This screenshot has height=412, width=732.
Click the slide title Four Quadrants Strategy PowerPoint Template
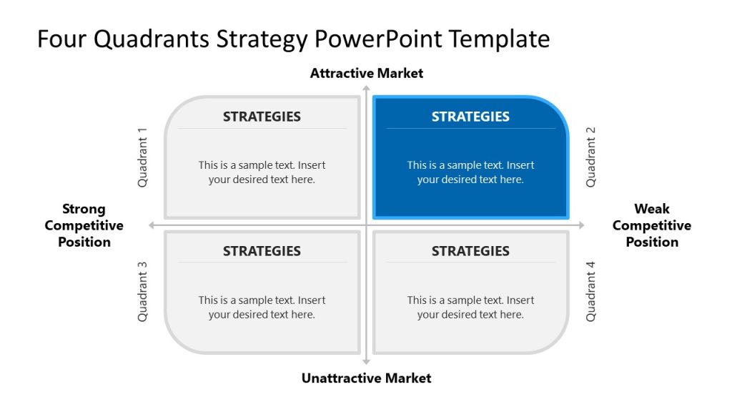(293, 39)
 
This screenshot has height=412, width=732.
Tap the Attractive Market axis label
(366, 73)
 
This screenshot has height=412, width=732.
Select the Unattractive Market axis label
(366, 378)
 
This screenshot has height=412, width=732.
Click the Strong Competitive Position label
(84, 225)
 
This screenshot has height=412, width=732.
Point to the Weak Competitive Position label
(651, 225)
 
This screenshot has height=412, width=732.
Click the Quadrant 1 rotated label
(142, 157)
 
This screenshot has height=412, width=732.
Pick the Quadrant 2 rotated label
(590, 157)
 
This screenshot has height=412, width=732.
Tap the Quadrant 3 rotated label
(142, 292)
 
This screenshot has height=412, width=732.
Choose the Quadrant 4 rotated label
(590, 292)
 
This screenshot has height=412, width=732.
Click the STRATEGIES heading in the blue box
(470, 117)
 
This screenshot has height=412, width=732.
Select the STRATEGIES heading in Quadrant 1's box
(262, 117)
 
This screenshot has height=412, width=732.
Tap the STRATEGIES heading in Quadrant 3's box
(262, 251)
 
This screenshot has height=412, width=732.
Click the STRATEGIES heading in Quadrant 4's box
(470, 251)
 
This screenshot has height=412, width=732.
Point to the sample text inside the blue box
(470, 172)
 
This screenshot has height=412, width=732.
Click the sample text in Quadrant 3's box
(262, 307)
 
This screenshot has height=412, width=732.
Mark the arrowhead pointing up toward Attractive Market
(366, 89)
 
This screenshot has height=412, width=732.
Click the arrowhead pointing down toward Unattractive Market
(366, 361)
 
